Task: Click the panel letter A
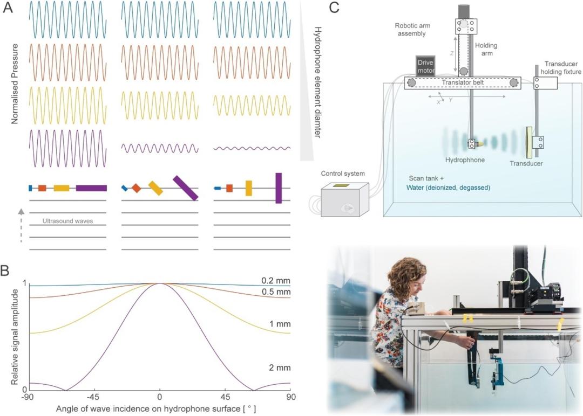point(8,8)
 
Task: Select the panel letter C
point(334,8)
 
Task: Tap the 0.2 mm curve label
point(275,281)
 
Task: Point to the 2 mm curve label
point(280,368)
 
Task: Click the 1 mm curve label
point(280,324)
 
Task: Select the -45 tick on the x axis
point(93,397)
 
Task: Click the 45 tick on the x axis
point(225,397)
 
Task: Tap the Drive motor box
point(426,66)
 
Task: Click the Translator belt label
point(463,82)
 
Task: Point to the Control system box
point(344,199)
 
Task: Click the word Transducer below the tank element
point(526,163)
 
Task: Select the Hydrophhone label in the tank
point(465,160)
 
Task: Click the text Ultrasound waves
point(67,221)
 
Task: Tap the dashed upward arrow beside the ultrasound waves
point(21,226)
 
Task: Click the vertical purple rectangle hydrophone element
point(279,188)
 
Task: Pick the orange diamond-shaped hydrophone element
point(137,188)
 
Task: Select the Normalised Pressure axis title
point(15,84)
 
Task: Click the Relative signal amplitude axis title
point(15,337)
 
